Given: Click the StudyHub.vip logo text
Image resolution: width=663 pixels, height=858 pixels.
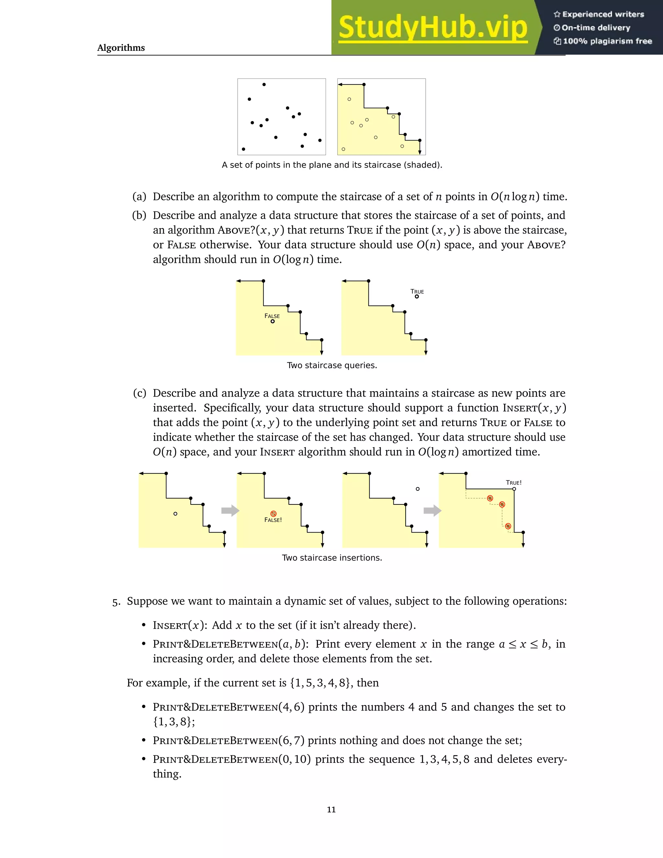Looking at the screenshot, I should (x=433, y=28).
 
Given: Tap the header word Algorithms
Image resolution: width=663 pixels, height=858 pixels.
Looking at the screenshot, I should (x=121, y=48).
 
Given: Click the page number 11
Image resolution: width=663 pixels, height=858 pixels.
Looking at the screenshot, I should (x=331, y=809).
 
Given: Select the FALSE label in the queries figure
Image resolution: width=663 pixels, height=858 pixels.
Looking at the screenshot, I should (x=272, y=316).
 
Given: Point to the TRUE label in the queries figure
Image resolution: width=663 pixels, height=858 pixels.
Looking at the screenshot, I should (x=417, y=291).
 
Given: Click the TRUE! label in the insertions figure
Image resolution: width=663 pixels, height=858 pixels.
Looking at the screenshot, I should (x=513, y=482).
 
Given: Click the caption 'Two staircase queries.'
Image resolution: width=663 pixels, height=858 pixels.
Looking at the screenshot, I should (x=332, y=365).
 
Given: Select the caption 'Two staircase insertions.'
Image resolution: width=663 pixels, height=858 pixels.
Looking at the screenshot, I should (x=332, y=558).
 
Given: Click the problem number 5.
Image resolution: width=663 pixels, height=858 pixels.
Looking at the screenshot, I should (x=116, y=602).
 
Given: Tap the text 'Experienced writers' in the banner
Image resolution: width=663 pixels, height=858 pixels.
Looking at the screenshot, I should (x=603, y=15).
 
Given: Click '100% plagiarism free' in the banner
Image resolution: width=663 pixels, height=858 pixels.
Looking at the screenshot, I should (x=607, y=41).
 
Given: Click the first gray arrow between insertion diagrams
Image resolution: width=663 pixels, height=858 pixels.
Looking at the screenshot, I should (x=230, y=510).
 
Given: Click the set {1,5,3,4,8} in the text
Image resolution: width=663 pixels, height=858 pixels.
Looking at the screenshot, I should (x=320, y=683).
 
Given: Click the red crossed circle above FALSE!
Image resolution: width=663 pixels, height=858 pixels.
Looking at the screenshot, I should (x=273, y=514).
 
